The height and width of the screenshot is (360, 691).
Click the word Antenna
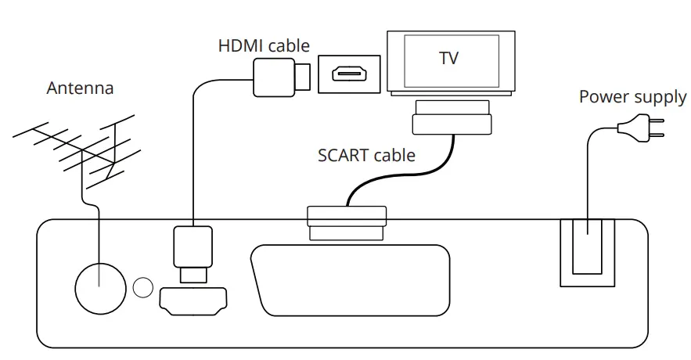click(80, 88)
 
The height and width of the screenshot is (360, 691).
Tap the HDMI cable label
click(264, 45)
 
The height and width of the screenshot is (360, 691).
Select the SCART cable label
click(366, 154)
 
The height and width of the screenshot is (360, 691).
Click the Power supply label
click(632, 97)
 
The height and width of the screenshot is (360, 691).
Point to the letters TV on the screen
click(449, 58)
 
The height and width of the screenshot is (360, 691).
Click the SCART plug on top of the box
click(347, 222)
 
